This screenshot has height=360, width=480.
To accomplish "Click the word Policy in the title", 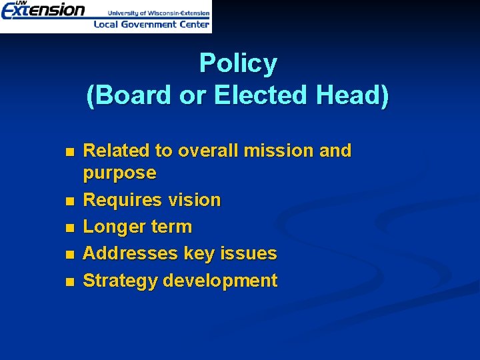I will (238, 64).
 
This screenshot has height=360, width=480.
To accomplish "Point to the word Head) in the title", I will (352, 95).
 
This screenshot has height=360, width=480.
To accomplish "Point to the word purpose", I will (119, 173).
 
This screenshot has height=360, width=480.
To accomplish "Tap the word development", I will (220, 281).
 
